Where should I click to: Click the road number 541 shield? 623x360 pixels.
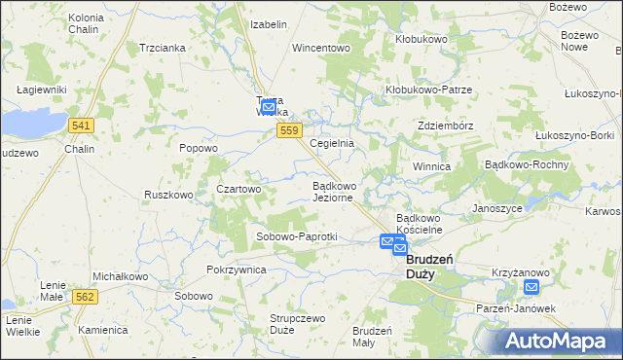(x=82, y=126)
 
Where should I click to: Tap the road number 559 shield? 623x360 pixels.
(x=287, y=129)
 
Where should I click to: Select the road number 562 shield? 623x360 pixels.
(x=85, y=296)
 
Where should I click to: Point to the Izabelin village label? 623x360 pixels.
(x=269, y=23)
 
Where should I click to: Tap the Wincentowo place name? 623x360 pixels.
(x=320, y=47)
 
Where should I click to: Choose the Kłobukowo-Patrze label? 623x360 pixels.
(x=427, y=90)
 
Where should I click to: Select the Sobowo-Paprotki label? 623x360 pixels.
(x=296, y=236)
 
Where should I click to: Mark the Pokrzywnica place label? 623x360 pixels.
(x=237, y=270)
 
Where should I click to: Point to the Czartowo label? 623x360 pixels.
(x=238, y=189)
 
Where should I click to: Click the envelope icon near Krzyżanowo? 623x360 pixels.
(x=531, y=287)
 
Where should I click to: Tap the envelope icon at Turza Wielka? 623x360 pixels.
(x=269, y=106)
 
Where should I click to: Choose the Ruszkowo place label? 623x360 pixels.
(x=168, y=195)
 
